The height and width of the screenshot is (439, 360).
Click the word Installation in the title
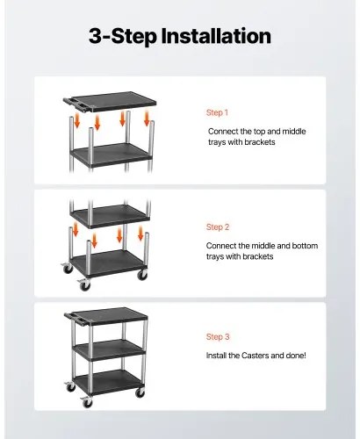click(x=216, y=36)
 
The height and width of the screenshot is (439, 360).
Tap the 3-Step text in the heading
click(x=123, y=36)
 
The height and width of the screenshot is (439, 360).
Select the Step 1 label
click(x=217, y=112)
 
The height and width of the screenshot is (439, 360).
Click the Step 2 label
click(x=218, y=227)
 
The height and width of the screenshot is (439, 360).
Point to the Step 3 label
click(x=218, y=336)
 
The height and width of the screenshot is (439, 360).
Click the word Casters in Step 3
click(x=255, y=356)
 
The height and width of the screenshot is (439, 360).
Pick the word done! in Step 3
click(x=296, y=356)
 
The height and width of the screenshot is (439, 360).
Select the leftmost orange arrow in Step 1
click(x=77, y=121)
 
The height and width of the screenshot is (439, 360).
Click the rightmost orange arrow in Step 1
click(x=147, y=119)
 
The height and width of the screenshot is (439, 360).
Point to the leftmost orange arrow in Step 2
click(x=76, y=229)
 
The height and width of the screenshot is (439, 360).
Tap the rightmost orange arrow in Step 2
click(x=140, y=234)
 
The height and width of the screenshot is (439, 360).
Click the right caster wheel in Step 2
click(x=142, y=275)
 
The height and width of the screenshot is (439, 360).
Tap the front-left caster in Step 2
click(x=84, y=284)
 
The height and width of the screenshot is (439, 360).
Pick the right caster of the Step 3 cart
click(x=140, y=392)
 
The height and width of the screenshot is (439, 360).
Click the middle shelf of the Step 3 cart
click(x=109, y=349)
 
